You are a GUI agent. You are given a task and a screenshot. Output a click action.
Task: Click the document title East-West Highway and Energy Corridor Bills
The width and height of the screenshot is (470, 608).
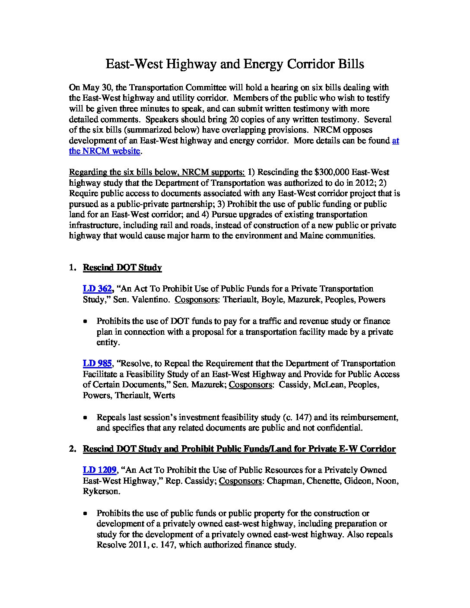(235, 64)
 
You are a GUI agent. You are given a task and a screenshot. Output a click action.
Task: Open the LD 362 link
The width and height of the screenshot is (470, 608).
(98, 288)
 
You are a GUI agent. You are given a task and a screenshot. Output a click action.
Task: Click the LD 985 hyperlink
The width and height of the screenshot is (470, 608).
(97, 364)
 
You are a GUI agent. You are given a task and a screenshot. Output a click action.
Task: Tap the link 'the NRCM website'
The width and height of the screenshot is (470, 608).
(105, 151)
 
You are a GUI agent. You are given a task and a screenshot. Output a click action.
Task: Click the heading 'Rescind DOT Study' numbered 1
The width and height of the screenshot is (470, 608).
(122, 268)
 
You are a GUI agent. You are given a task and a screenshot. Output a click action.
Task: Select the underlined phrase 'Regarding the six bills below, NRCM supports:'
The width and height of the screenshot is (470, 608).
(157, 172)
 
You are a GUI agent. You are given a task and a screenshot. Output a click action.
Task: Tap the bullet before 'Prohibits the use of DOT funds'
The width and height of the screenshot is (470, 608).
(86, 322)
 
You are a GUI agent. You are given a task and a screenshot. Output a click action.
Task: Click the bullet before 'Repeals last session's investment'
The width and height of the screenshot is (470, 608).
(86, 418)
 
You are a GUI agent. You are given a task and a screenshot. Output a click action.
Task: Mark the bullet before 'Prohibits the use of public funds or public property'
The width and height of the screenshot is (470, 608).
(86, 514)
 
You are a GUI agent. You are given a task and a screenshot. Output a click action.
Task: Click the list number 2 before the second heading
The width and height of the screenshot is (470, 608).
(72, 449)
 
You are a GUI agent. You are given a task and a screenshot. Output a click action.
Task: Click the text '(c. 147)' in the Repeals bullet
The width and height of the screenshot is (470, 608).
(297, 418)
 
